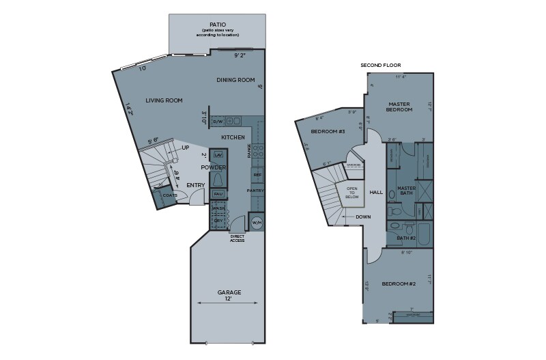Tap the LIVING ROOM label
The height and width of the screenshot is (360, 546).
click(164, 100)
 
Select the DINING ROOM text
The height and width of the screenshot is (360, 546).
click(235, 80)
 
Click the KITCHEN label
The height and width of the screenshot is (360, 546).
click(233, 137)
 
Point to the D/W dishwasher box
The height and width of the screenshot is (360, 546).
click(218, 122)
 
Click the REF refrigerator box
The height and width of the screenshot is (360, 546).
click(257, 175)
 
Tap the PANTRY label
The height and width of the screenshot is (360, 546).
click(255, 191)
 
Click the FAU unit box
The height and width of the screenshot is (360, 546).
click(218, 194)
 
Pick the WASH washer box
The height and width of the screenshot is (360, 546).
click(218, 208)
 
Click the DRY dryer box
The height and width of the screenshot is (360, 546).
click(218, 221)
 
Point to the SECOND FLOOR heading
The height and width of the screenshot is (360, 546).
click(380, 66)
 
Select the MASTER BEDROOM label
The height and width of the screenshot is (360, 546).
click(399, 107)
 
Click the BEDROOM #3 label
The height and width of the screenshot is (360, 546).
click(328, 131)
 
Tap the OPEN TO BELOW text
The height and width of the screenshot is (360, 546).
click(352, 192)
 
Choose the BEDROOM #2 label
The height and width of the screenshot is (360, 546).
click(399, 283)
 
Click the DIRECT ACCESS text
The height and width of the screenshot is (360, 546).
click(237, 239)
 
